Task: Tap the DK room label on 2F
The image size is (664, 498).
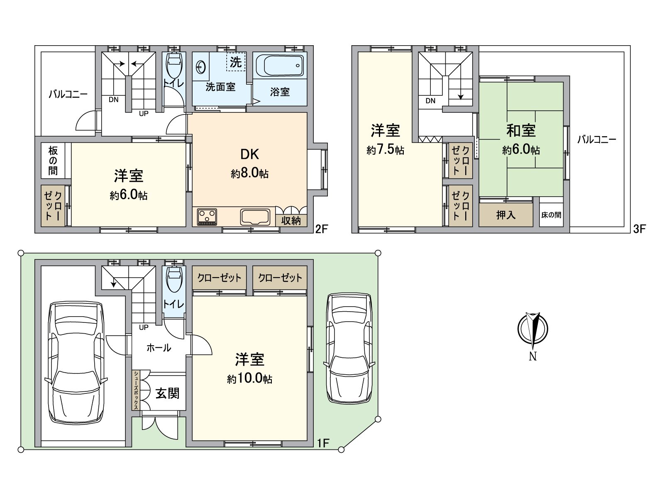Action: tap(249, 154)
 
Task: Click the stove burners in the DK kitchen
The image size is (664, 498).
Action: tap(207, 216)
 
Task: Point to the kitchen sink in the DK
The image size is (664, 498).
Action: tap(254, 216)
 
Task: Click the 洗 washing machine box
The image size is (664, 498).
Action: tap(236, 62)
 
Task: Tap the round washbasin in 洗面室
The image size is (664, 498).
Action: tap(200, 66)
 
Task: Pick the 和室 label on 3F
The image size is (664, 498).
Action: tap(521, 131)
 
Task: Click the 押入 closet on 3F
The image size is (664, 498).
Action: tap(506, 215)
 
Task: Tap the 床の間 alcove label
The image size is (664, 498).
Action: tap(551, 215)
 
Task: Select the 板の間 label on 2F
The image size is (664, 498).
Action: tap(53, 161)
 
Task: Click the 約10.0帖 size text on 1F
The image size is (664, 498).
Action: tap(249, 379)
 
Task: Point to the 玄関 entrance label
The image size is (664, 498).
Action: tap(167, 393)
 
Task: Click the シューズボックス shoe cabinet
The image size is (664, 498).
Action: tap(136, 390)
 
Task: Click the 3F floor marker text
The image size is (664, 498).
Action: tap(639, 229)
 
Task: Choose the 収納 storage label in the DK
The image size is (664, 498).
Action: tap(291, 220)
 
